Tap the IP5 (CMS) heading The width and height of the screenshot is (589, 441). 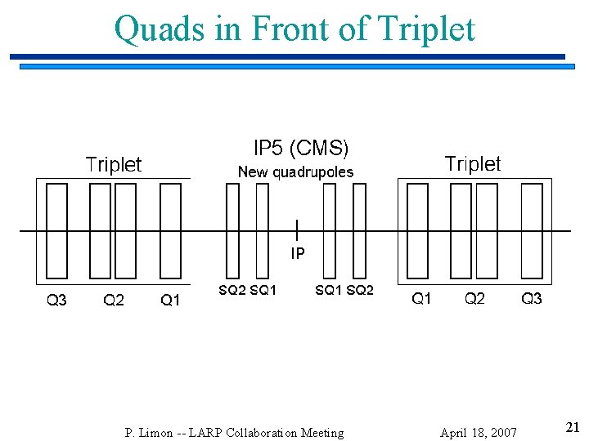(300, 149)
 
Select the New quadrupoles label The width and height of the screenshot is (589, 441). (295, 172)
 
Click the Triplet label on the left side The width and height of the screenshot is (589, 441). (114, 165)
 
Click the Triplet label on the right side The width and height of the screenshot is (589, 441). (472, 164)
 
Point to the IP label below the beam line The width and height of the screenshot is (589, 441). (298, 254)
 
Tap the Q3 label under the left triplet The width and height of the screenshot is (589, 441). (56, 301)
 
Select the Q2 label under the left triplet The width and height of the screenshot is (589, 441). (114, 301)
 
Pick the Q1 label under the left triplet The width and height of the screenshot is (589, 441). (170, 301)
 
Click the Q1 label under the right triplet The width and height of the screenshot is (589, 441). (421, 299)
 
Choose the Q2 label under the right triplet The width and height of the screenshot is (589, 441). (474, 299)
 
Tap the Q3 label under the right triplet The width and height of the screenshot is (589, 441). (532, 299)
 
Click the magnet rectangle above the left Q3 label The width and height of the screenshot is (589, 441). (56, 230)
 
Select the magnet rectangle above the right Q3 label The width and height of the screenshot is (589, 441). (532, 230)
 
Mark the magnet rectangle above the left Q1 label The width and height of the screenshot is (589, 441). (170, 230)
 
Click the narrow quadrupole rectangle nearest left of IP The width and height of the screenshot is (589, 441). (262, 230)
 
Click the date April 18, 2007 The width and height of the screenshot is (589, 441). (478, 433)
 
